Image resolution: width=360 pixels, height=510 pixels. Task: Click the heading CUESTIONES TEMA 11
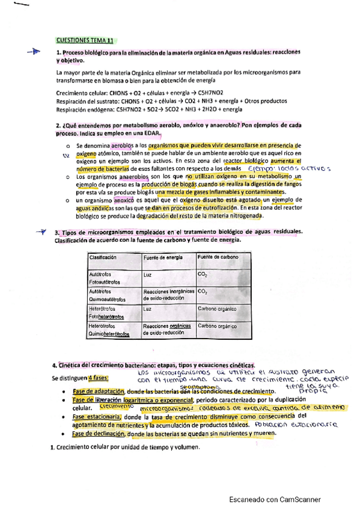click(84, 40)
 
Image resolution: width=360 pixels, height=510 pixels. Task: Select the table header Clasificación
click(103, 257)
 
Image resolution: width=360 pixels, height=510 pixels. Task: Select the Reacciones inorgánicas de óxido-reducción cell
click(168, 294)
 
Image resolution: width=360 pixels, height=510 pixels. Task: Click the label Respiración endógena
click(84, 109)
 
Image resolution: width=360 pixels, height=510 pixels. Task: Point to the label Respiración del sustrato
click(88, 101)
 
